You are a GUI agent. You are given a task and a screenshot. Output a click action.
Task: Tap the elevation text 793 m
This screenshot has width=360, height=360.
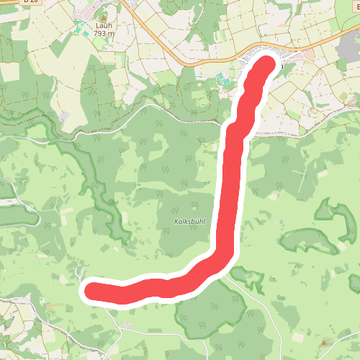[x=104, y=32]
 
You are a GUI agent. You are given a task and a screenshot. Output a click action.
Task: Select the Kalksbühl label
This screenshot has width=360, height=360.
[x=190, y=222]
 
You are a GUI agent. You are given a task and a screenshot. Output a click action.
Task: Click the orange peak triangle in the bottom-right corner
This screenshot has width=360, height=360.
[x=324, y=342]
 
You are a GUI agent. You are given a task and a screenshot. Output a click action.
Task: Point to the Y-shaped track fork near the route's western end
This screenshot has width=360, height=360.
[x=77, y=271]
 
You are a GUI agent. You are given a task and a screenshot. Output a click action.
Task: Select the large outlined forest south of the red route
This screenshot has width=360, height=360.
[x=209, y=310]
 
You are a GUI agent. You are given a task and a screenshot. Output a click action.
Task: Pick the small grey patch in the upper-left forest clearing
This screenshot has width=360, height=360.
[x=65, y=115]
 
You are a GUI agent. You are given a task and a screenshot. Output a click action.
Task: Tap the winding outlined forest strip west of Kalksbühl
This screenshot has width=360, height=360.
[x=97, y=180]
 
